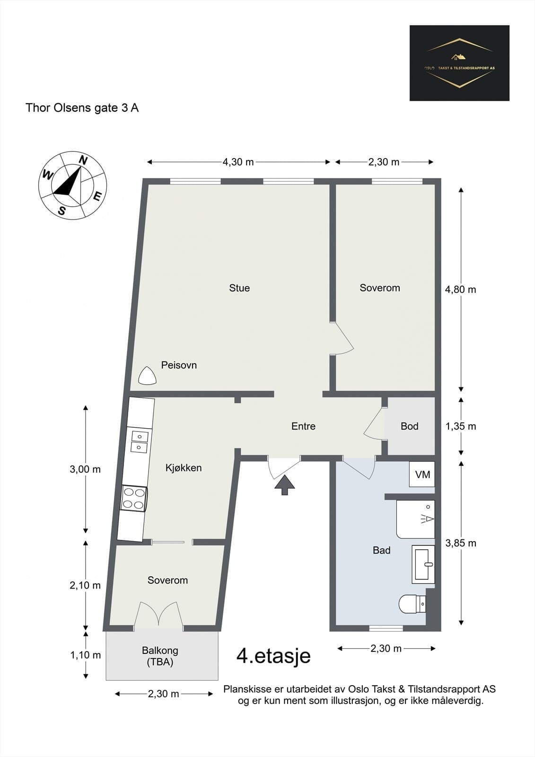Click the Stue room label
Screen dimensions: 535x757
[x=239, y=288]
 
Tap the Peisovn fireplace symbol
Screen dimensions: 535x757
[x=148, y=376]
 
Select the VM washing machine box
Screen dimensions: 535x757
[x=422, y=474]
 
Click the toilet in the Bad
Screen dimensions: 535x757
[x=412, y=604]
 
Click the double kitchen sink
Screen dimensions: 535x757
[x=139, y=442]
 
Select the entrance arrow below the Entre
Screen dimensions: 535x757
[x=285, y=485]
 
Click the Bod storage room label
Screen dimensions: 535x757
[x=409, y=426]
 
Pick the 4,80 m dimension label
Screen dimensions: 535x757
[x=460, y=289]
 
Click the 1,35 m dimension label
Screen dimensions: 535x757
[x=460, y=426]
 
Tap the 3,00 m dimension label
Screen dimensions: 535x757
[x=85, y=469]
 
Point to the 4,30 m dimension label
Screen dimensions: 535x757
[x=238, y=162]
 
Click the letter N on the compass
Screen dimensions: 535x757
[x=83, y=160]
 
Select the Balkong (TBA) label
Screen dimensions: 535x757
[x=160, y=656]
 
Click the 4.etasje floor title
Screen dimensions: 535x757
[x=273, y=656]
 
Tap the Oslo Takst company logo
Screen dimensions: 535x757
[x=459, y=63]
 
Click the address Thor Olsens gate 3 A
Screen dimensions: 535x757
[x=82, y=108]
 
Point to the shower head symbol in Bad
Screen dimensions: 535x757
[x=428, y=519]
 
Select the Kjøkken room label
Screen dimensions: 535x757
[x=184, y=468]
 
